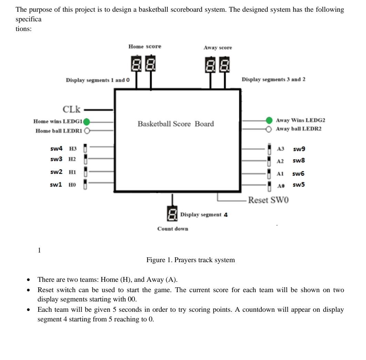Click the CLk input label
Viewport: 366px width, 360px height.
[x=71, y=110]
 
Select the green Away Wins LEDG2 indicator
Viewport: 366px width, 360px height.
[x=269, y=120]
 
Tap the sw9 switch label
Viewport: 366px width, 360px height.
[x=299, y=150]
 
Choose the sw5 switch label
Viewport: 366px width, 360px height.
[x=299, y=185]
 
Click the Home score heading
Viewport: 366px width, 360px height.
[x=145, y=47]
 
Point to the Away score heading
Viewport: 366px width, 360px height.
[x=218, y=48]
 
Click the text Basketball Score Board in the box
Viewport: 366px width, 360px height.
[x=176, y=124]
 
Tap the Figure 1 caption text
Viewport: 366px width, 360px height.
[x=191, y=260]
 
